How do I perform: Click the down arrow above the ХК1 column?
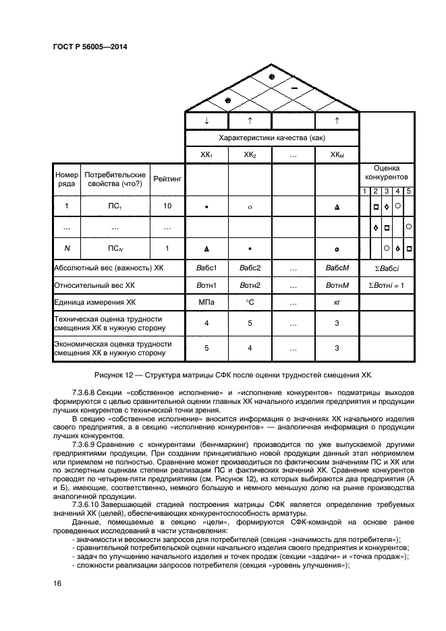point(206,120)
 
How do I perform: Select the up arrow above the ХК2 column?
point(250,120)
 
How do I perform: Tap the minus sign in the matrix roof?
point(294,88)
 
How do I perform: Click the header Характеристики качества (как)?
point(272,138)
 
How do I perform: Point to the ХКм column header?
point(337,154)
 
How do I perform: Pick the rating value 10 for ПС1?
point(167,206)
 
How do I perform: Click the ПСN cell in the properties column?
point(115,249)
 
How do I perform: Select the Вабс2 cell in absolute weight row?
point(250,268)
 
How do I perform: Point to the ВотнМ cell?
point(337,285)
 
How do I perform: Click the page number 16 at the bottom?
point(57,583)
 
